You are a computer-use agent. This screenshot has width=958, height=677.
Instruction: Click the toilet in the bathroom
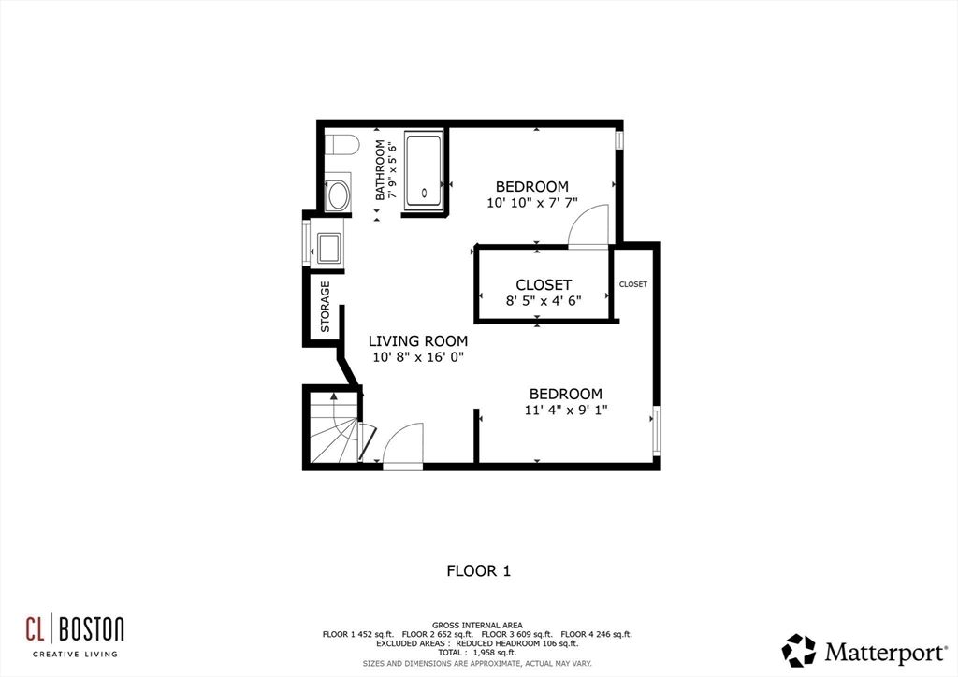click(x=341, y=145)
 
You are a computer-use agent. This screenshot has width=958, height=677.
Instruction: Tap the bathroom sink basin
click(x=337, y=195)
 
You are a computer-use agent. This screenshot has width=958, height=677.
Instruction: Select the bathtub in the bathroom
click(x=424, y=169)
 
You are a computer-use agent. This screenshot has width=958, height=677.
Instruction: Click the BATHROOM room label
click(x=381, y=170)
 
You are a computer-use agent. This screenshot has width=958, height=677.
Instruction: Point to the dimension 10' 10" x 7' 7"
click(x=531, y=203)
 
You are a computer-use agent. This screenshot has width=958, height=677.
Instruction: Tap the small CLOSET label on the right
click(x=633, y=284)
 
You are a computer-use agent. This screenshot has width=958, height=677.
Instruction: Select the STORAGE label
click(x=326, y=307)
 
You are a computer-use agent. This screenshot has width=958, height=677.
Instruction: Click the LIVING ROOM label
click(x=417, y=341)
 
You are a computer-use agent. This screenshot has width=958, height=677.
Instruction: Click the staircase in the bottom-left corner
click(x=332, y=431)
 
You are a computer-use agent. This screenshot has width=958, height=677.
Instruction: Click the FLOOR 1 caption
click(x=478, y=569)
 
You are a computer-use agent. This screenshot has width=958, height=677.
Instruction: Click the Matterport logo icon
click(x=798, y=650)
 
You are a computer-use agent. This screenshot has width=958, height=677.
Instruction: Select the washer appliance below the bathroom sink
click(x=328, y=249)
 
